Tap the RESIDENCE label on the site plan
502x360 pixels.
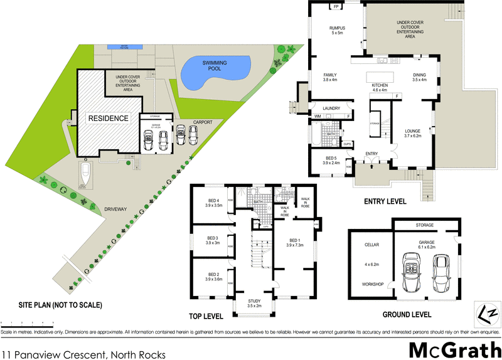[107, 118]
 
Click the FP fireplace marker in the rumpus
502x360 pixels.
[336, 7]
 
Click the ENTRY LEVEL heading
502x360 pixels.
[385, 202]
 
